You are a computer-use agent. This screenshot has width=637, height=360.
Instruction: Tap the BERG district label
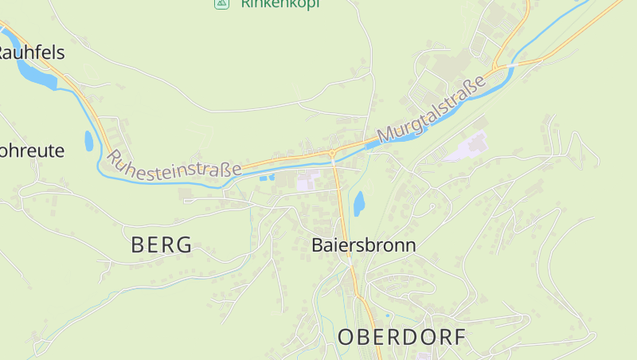[162, 245]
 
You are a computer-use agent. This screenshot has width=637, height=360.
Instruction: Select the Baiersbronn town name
[364, 245]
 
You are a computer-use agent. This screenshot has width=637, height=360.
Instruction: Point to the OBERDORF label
[402, 337]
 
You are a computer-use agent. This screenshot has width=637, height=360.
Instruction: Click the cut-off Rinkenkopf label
[279, 4]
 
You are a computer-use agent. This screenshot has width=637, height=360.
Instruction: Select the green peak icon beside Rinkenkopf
[221, 4]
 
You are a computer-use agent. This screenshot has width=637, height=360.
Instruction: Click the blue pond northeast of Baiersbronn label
[359, 203]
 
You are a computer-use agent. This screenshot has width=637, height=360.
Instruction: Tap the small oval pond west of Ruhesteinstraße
[88, 141]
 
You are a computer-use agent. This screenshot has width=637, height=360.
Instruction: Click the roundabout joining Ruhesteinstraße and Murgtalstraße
[332, 153]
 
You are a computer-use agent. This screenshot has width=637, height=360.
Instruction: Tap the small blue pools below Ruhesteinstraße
[268, 176]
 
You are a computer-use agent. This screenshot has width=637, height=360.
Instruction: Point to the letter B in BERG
[139, 245]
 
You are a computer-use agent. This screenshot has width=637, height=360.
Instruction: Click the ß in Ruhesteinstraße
[229, 169]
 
